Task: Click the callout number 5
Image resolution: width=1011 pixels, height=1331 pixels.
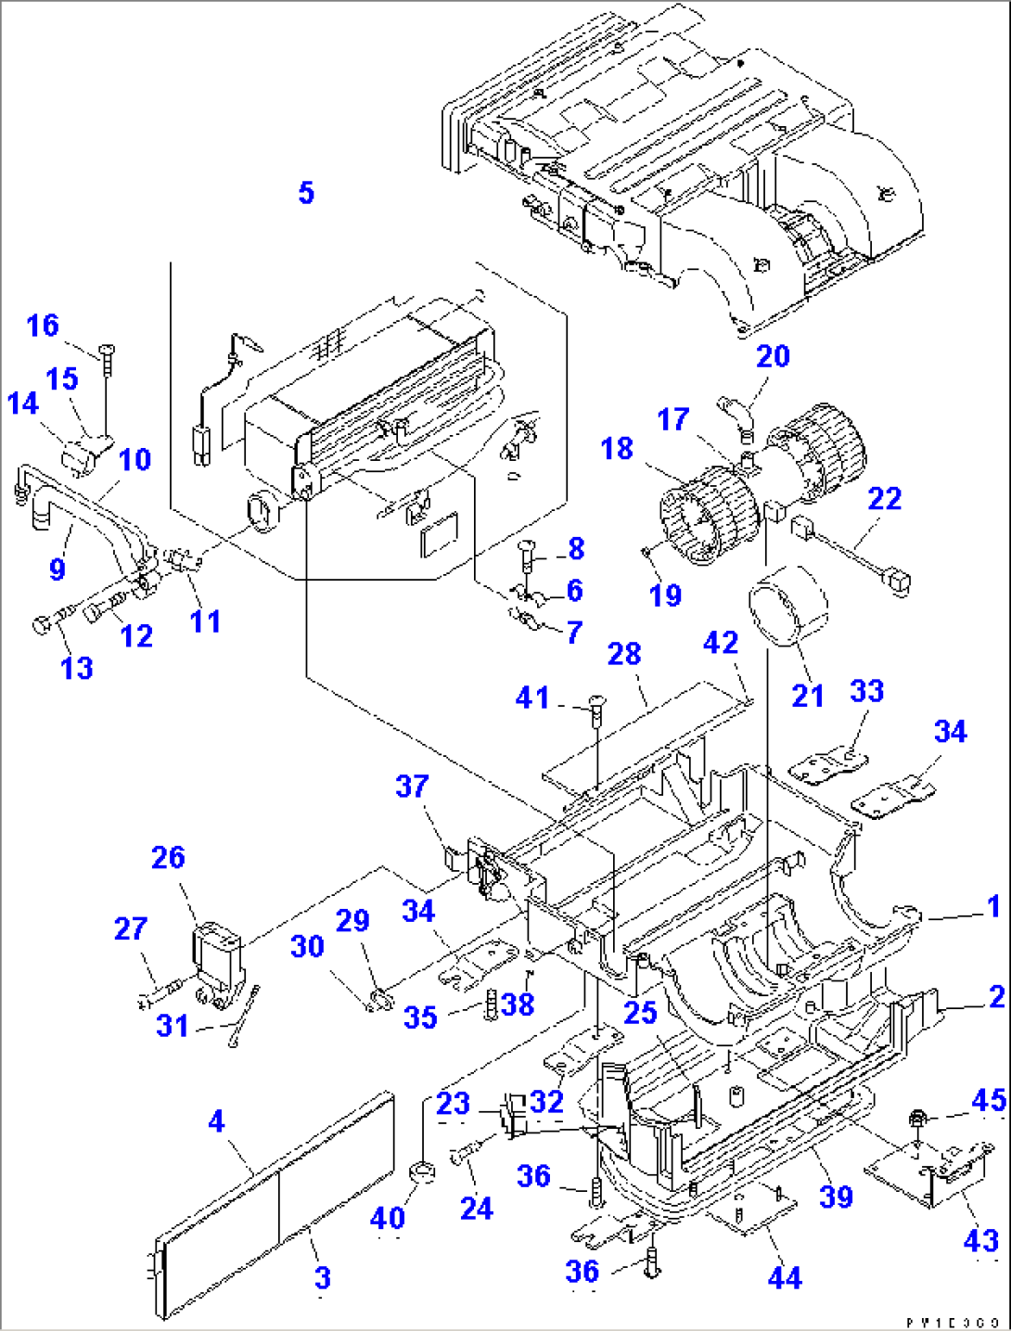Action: [306, 193]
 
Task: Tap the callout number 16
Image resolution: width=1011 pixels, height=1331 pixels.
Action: [43, 326]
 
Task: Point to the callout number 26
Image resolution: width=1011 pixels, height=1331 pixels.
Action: [168, 858]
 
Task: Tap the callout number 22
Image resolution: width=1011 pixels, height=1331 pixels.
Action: [884, 499]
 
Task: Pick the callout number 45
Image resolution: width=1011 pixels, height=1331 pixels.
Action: [989, 1100]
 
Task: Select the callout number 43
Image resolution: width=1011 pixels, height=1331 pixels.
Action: [980, 1241]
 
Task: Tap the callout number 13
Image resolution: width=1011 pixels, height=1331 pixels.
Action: [77, 668]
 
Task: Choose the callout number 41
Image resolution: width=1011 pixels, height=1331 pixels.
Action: [532, 697]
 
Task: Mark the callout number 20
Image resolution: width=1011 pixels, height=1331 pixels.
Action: [773, 356]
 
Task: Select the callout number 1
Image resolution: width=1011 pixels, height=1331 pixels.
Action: [993, 906]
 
